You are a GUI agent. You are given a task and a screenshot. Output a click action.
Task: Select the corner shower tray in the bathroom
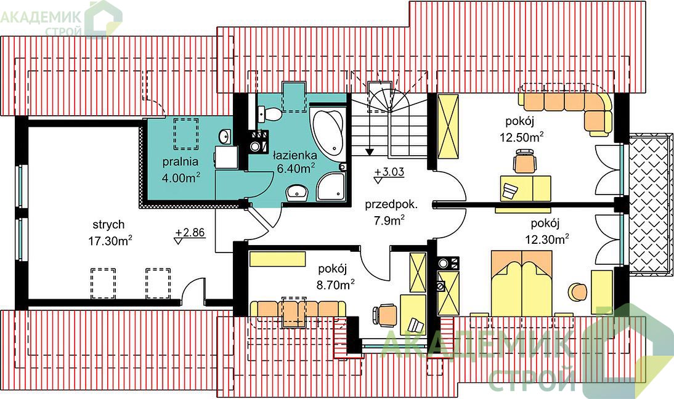331,187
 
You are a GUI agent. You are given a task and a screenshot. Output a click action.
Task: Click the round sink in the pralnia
224,137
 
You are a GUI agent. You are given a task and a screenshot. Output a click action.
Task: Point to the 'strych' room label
109,225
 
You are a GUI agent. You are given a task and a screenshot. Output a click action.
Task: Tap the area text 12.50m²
522,137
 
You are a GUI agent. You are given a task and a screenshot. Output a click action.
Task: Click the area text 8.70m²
336,284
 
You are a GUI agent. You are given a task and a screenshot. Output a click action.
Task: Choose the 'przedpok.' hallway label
391,204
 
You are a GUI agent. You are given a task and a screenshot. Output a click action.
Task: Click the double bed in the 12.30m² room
521,283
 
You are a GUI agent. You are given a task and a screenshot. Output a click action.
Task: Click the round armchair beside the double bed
577,292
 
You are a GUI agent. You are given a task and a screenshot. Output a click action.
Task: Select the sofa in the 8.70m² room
298,309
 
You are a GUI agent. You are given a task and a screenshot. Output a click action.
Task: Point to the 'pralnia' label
181,162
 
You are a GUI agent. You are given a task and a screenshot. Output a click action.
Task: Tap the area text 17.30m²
110,241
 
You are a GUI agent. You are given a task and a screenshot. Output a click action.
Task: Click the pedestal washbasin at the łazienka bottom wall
296,192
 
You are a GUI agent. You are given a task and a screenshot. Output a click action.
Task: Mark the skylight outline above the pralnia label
186,134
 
